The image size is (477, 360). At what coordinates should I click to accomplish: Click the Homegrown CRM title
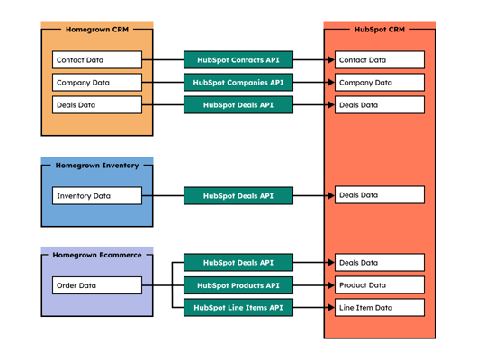pos(97,30)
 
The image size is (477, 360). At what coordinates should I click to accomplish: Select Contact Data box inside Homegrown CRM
pos(97,60)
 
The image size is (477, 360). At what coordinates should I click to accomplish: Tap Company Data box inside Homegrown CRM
pos(97,83)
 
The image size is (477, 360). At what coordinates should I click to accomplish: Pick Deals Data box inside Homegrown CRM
pos(97,105)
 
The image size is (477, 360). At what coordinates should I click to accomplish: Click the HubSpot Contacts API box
pos(238,60)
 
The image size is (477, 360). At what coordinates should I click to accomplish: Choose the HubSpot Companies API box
pos(238,83)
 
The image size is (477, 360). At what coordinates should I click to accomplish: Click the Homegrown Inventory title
pos(97,166)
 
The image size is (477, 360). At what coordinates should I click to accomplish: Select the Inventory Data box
pos(97,195)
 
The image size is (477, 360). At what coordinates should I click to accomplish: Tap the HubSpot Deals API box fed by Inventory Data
pos(238,195)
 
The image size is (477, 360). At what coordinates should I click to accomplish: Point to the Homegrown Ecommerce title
pos(97,255)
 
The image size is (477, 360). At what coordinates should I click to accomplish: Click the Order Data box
pos(97,285)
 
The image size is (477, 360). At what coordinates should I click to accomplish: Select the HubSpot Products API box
pos(238,285)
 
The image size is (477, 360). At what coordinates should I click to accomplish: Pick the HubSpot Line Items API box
pos(238,308)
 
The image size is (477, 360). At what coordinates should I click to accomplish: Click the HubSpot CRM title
pos(380,30)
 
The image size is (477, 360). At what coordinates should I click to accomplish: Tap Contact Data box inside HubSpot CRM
pos(379,60)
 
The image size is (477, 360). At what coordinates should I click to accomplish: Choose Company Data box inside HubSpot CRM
pos(379,83)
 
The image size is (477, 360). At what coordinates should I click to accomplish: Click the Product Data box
pos(379,285)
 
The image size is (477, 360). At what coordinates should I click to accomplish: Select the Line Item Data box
pos(379,308)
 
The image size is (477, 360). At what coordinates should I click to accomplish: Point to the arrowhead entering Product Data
pos(330,285)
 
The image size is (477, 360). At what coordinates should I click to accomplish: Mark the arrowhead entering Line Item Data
pos(330,308)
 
